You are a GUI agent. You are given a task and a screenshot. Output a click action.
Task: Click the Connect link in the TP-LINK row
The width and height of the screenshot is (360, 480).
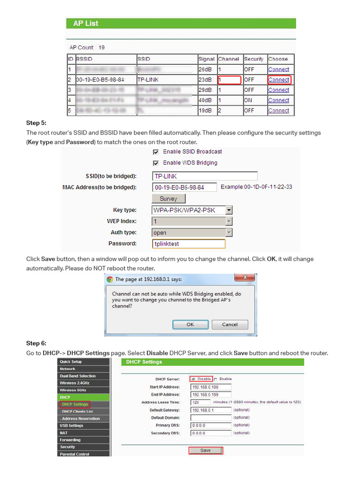tap(278, 80)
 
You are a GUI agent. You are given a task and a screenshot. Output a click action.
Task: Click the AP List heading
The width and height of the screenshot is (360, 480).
tap(86, 23)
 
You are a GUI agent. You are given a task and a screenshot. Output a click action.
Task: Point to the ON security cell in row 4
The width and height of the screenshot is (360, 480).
tap(248, 100)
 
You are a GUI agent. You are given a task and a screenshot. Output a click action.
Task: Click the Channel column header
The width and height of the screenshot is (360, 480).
tap(229, 59)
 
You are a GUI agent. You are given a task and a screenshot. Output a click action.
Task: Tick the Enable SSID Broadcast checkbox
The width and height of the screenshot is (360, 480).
tap(156, 152)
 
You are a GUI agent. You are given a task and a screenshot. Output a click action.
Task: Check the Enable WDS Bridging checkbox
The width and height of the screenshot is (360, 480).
tap(156, 163)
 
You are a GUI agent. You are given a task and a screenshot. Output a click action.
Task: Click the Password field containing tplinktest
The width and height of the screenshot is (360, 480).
tap(189, 244)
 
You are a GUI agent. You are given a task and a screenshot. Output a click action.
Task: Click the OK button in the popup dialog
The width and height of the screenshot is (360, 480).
tap(190, 324)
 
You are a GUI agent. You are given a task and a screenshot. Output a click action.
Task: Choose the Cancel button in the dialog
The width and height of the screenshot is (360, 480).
tap(230, 324)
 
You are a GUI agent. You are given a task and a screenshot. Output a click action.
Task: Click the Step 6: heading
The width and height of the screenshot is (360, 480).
tap(36, 343)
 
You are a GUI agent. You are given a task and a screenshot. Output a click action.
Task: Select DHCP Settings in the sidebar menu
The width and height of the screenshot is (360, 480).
tap(75, 404)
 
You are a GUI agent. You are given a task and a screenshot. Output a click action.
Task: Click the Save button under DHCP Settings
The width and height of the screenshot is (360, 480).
tap(205, 450)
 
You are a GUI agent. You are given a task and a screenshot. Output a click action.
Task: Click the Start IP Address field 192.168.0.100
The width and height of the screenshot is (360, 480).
tap(210, 387)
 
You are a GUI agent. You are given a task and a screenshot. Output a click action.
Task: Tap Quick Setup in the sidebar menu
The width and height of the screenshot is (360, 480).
tap(71, 362)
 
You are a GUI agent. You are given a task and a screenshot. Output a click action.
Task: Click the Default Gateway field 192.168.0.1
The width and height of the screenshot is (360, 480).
tap(210, 410)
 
